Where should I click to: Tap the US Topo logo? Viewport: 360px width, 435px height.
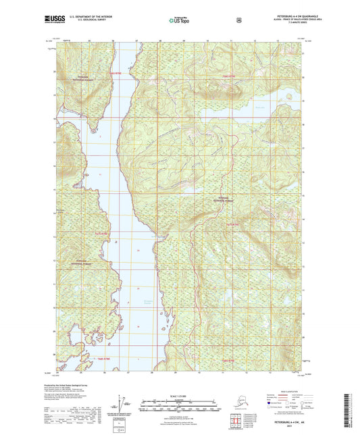click(x=180, y=20)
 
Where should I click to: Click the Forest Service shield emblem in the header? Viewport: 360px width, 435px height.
click(x=238, y=20)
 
